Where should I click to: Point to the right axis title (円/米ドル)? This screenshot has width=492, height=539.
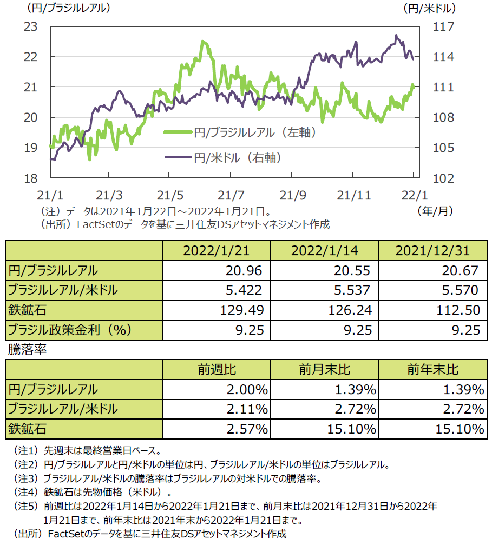(429, 8)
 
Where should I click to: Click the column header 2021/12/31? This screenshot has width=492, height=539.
(432, 250)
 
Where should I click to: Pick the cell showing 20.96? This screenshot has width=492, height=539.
(249, 270)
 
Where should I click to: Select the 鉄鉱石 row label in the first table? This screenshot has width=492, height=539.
(27, 310)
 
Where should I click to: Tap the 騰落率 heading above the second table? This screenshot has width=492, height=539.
(27, 349)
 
